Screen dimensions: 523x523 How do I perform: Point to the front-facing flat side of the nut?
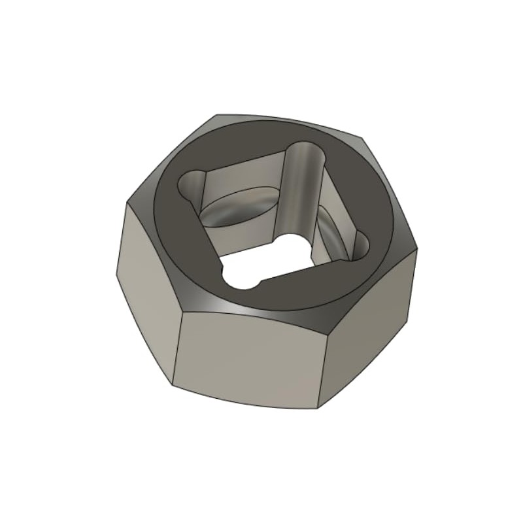coord(248,356)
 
